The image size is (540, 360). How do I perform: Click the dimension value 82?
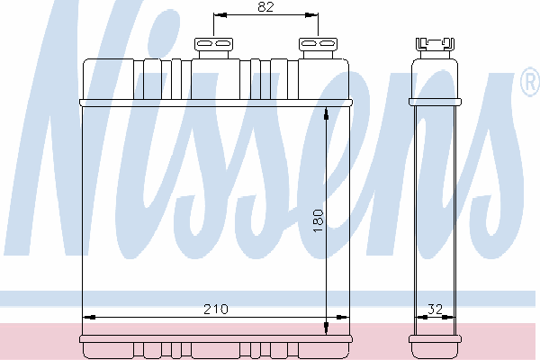(x=265, y=6)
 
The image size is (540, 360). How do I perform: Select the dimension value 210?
(x=216, y=309)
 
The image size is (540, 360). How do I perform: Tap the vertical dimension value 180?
(x=319, y=220)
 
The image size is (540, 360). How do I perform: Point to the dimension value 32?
(x=435, y=309)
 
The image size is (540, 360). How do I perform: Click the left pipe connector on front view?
(x=213, y=49)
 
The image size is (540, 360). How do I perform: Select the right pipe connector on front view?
(x=318, y=49)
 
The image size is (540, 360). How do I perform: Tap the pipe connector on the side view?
(x=435, y=49)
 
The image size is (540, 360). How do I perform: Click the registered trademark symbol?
(x=530, y=82)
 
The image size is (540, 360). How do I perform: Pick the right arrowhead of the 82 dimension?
(x=311, y=14)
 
